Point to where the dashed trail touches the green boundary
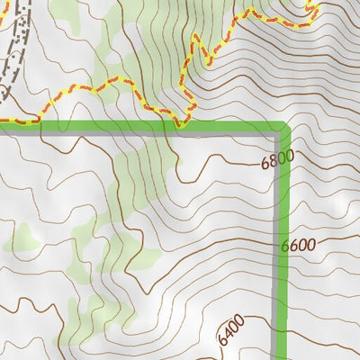coord(179,125)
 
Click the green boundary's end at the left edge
coord(2,127)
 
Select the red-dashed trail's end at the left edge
coord(2,120)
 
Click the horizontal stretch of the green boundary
coord(135,127)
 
